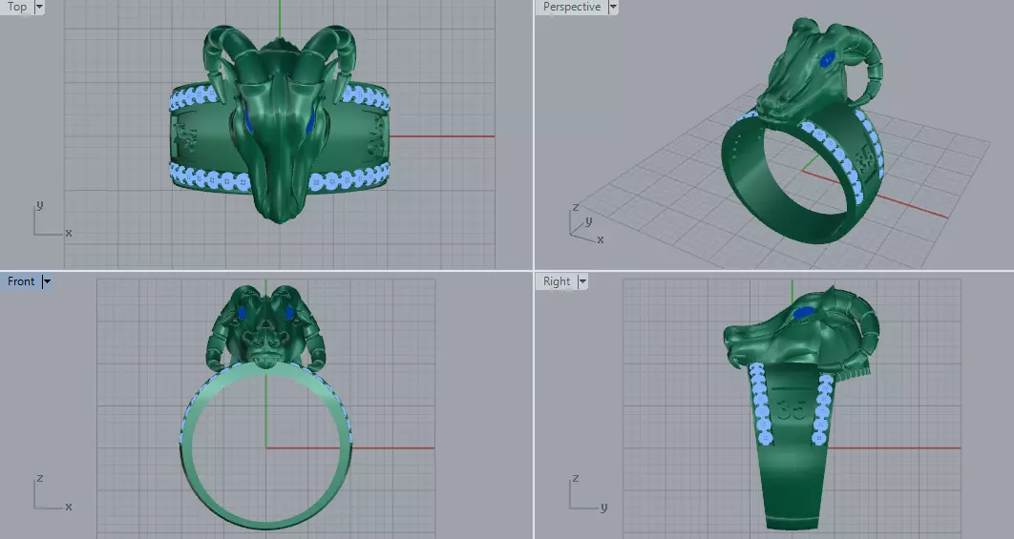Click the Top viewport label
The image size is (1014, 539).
(x=17, y=7)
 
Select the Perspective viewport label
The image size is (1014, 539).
(x=571, y=7)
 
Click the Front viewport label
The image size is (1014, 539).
(x=21, y=281)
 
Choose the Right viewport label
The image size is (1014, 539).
(x=556, y=281)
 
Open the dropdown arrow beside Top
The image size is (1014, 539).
(x=39, y=7)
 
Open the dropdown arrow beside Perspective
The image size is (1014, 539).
(x=613, y=7)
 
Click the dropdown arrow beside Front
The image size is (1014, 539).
(x=46, y=281)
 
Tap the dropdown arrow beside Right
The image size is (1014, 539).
(x=582, y=281)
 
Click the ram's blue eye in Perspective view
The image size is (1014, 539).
(x=828, y=60)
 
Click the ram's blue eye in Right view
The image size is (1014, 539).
(x=803, y=312)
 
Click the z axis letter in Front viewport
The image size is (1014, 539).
(x=38, y=477)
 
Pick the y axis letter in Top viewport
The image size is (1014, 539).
(x=38, y=204)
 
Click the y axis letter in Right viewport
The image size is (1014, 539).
(x=603, y=507)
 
